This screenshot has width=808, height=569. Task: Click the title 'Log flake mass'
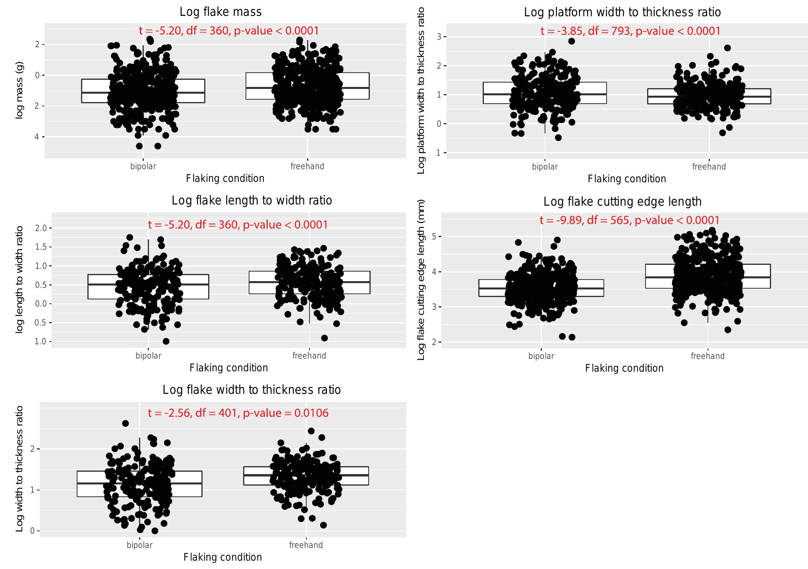220,12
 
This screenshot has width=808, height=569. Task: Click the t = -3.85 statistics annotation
630,31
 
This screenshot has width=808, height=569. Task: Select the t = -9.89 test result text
629,220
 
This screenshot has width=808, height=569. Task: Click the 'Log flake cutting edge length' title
622,202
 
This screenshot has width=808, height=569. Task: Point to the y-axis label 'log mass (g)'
19,91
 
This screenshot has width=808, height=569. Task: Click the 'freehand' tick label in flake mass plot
307,166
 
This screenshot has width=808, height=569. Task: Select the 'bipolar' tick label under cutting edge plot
541,356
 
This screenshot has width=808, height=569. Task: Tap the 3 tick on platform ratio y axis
439,37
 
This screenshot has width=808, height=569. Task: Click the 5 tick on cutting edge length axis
434,237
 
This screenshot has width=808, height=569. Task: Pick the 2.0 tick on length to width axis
41,228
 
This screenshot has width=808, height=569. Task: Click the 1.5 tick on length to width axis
41,247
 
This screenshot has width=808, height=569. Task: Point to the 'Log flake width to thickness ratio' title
251,390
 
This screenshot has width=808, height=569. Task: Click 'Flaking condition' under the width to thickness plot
222,557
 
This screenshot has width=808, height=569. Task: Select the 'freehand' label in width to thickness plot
306,545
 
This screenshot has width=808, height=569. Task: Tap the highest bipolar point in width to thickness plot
125,423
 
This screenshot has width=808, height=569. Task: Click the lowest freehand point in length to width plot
324,338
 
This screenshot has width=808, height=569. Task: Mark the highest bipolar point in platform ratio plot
571,41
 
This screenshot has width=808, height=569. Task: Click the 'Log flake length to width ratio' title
252,201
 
